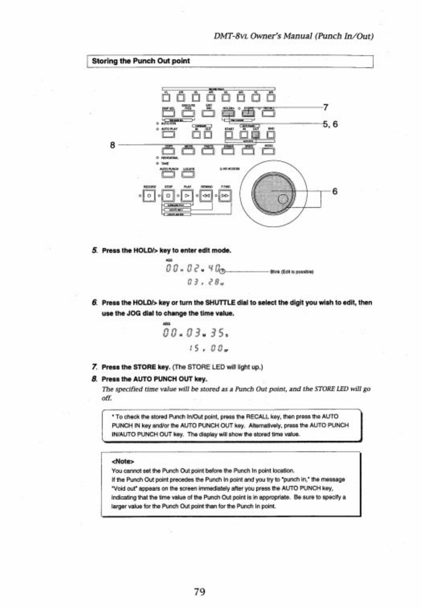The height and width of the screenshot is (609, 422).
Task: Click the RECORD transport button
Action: [x=149, y=195]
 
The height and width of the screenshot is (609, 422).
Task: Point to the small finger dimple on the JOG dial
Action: [x=283, y=199]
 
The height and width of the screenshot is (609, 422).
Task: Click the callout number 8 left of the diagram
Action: [x=113, y=145]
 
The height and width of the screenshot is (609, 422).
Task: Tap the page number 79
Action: [x=200, y=591]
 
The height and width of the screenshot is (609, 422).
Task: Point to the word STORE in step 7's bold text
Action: [x=144, y=367]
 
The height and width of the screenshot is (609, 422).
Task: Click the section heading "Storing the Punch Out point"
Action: [x=141, y=61]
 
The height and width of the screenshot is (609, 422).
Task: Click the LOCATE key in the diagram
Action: [x=189, y=174]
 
